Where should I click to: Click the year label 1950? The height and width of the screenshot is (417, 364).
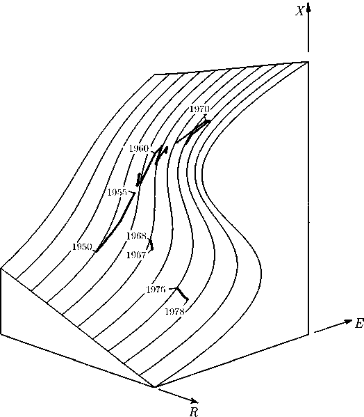point(82,247)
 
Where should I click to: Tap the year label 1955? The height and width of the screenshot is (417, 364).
point(117,192)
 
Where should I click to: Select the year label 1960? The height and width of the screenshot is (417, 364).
point(139,148)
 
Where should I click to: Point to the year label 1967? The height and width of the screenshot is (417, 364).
point(136,255)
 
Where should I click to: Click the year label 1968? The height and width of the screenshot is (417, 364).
point(136,236)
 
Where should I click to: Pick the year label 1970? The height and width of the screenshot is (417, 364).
point(200,109)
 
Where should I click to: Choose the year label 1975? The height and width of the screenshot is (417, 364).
point(156,290)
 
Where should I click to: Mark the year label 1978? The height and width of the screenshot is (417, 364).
point(174,311)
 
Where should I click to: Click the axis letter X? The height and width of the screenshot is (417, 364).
point(299,11)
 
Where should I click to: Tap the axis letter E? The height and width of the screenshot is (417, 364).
point(359,324)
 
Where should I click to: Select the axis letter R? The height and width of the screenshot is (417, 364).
point(194,411)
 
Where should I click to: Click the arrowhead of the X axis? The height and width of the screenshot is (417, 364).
point(308,7)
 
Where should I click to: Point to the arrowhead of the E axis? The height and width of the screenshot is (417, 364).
point(348,321)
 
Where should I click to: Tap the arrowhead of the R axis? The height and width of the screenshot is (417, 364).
point(194,400)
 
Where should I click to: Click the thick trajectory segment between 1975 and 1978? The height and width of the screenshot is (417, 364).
point(183,294)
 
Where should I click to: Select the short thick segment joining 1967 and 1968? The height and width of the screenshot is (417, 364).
point(151,244)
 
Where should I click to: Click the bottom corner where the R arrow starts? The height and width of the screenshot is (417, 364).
point(154,386)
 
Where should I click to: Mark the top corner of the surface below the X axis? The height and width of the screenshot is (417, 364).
point(308,62)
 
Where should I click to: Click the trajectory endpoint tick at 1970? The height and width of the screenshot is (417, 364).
point(205,116)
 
